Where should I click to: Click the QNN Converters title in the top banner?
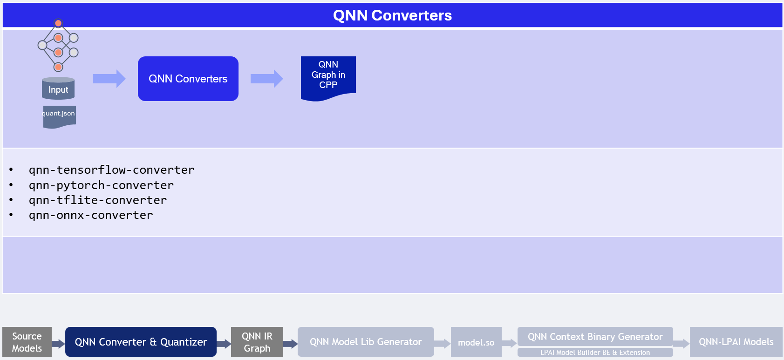392,15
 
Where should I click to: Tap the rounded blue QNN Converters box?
188,79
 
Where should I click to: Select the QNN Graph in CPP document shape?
328,77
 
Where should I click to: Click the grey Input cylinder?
58,89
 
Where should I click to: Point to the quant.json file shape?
59,116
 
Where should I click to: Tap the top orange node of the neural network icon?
58,23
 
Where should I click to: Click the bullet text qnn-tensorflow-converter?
112,170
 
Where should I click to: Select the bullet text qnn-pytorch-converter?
101,185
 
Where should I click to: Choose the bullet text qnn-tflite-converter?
98,200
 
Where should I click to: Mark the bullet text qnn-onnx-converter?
91,215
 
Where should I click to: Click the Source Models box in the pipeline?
27,342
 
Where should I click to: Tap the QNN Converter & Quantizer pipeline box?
141,342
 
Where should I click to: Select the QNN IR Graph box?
257,342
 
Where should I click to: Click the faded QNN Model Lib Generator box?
366,342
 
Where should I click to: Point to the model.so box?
476,342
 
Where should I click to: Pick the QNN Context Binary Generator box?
595,336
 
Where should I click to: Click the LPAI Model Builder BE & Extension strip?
595,353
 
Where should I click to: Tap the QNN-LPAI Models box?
736,342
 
